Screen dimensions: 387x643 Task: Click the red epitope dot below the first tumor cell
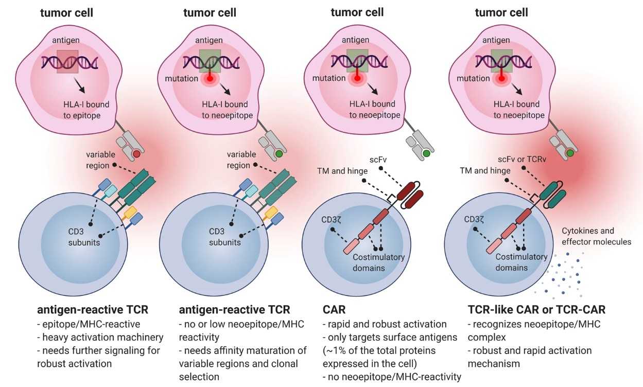pyautogui.click(x=136, y=154)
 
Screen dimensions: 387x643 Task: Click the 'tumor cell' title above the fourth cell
pyautogui.click(x=501, y=13)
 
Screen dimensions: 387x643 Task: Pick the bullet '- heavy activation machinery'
pyautogui.click(x=100, y=338)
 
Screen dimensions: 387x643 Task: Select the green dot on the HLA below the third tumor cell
pyautogui.click(x=426, y=153)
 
